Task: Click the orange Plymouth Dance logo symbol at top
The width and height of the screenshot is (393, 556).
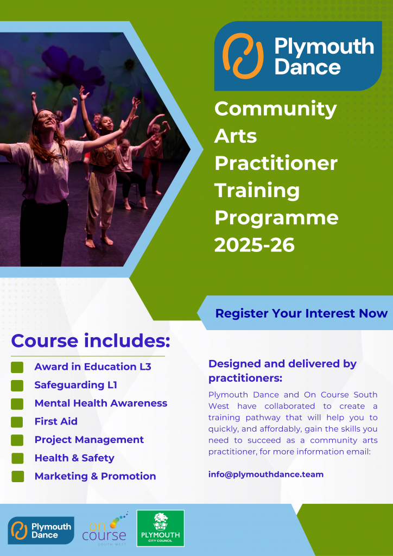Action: point(243,56)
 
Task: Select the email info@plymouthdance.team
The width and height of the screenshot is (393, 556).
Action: point(266,475)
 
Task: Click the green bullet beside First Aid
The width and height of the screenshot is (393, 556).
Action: point(17,421)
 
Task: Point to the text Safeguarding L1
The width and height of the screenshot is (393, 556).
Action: point(76,385)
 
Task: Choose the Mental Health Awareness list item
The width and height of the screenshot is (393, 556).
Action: point(101,403)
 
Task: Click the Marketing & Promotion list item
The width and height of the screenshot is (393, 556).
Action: point(96,476)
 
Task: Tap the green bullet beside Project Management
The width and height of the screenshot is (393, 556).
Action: point(17,440)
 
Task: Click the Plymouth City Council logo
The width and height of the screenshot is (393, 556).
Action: point(161,528)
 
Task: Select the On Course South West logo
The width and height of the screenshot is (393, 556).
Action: point(105,529)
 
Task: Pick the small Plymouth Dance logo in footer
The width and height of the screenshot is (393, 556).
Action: point(41,530)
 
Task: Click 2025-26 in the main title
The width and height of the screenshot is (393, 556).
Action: point(255,245)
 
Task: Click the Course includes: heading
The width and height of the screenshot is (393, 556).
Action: point(91,341)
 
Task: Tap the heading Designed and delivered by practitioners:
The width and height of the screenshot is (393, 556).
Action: point(282,371)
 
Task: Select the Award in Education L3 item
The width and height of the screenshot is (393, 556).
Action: point(93,367)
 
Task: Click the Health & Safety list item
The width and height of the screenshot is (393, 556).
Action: point(74,458)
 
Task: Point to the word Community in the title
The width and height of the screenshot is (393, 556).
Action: point(276,109)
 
